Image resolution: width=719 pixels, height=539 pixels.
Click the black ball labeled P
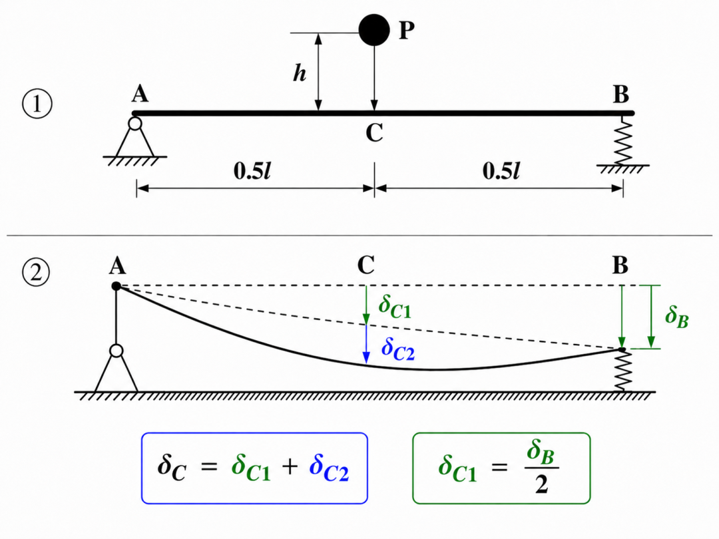tap(374, 30)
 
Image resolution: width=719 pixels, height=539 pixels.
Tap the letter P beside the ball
tap(407, 30)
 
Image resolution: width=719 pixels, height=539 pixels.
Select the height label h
tap(300, 73)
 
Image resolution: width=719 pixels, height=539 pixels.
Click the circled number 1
tap(37, 104)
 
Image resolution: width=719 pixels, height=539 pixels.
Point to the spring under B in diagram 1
tap(622, 140)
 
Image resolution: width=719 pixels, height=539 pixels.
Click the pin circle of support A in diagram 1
tap(134, 124)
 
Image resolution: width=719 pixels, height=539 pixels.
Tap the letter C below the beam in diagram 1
tap(374, 133)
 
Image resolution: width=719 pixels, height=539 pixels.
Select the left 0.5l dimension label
tap(252, 172)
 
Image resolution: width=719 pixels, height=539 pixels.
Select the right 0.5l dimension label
tap(501, 172)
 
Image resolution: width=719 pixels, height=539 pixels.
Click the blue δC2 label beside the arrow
tap(398, 348)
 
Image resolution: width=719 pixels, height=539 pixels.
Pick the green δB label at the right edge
tap(677, 317)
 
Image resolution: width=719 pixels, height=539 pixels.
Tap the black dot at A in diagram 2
tap(116, 286)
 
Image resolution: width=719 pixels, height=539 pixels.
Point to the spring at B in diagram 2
tap(622, 371)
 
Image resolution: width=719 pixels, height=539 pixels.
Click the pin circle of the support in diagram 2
tap(117, 351)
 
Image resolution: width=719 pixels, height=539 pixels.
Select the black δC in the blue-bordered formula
tap(172, 468)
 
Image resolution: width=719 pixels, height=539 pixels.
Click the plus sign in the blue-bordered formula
tap(290, 467)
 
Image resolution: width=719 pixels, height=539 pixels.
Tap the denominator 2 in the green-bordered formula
tap(541, 484)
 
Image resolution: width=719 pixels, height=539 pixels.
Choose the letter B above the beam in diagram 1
tap(621, 94)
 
